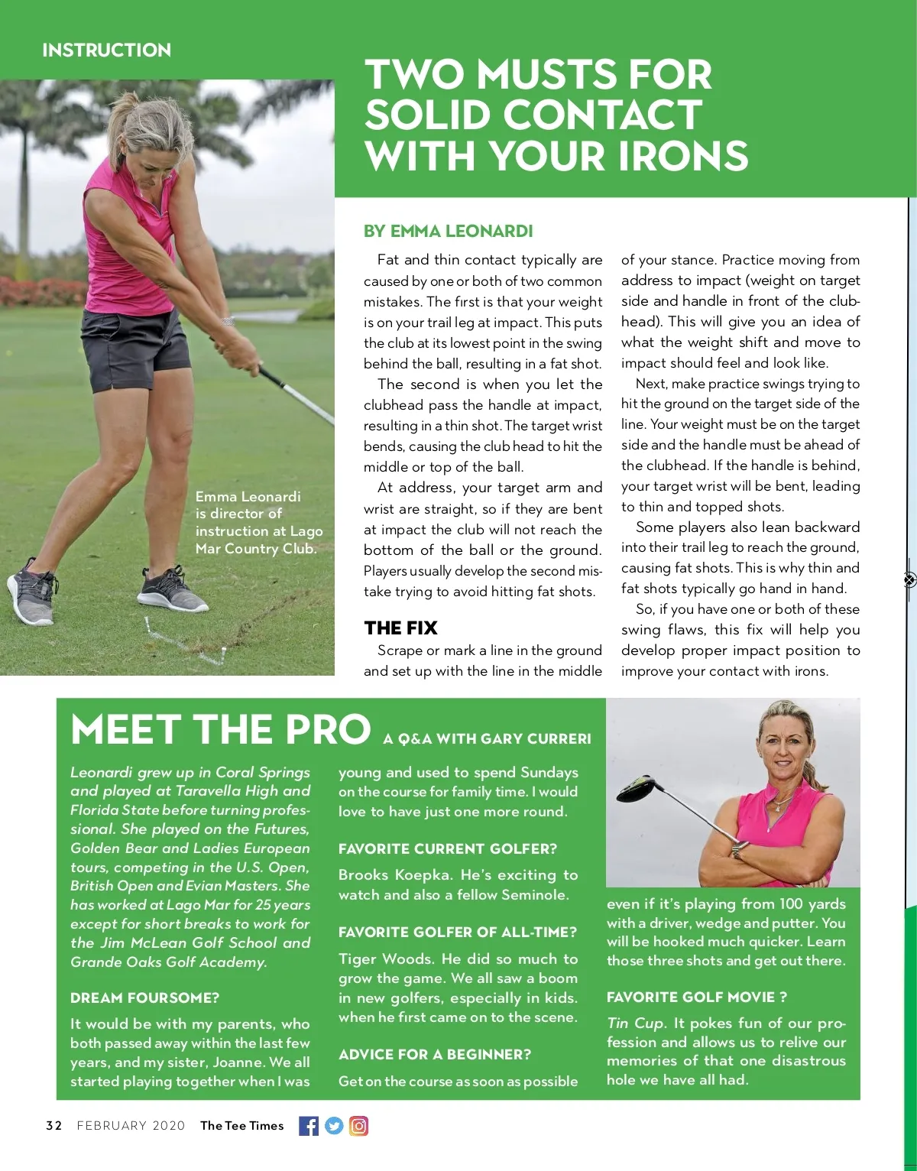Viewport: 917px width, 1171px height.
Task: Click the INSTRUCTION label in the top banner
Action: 106,50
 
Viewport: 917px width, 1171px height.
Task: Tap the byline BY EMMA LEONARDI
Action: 448,231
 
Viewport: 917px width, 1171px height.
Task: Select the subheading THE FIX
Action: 400,628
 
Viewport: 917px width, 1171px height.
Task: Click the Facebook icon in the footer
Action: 309,1125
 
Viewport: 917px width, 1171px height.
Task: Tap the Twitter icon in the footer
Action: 334,1125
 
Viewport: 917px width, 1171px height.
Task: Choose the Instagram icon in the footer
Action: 358,1125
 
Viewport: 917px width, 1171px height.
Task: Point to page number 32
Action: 53,1125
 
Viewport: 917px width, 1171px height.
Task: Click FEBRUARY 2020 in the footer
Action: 131,1125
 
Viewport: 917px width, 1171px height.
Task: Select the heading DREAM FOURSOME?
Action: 144,997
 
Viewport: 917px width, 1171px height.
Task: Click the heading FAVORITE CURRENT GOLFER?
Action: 448,848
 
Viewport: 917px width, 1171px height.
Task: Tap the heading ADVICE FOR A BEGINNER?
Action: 434,1054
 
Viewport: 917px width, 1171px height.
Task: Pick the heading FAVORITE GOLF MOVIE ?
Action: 696,997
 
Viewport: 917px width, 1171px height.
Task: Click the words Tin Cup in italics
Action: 636,1023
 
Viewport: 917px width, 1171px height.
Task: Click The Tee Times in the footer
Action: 241,1125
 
